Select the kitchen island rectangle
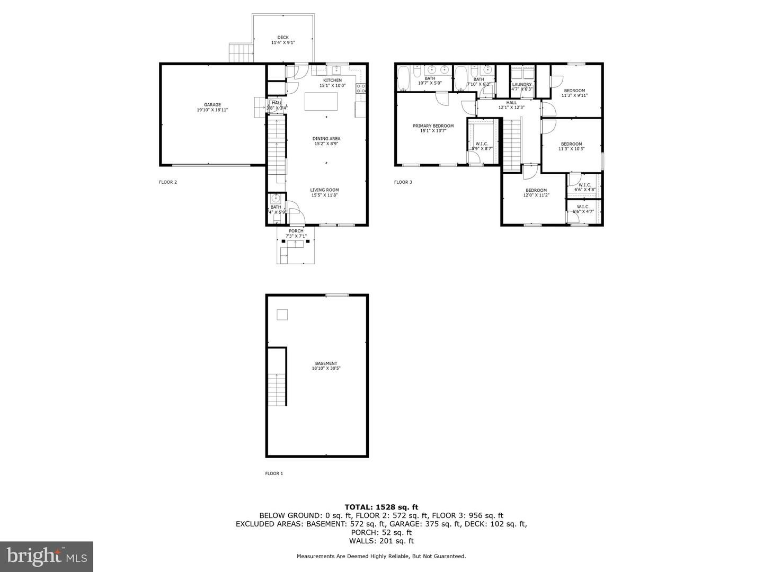click(321, 101)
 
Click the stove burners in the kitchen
click(361, 88)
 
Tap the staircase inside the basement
click(277, 389)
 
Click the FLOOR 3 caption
click(403, 182)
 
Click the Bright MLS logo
click(47, 556)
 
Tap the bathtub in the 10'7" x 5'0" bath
click(404, 77)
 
